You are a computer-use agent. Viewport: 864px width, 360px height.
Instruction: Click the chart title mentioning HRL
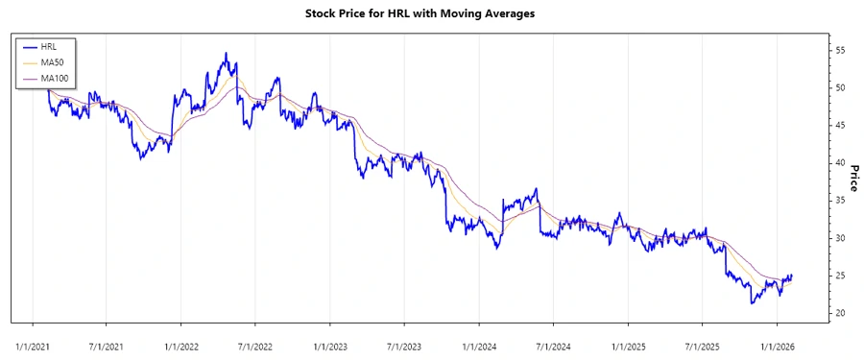[432, 13]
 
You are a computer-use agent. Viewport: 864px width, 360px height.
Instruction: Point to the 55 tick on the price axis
[842, 50]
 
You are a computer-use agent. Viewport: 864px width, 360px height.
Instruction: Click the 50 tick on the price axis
[842, 87]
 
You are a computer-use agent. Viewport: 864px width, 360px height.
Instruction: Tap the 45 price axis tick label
[842, 125]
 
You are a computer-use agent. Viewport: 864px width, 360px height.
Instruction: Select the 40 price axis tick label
[842, 163]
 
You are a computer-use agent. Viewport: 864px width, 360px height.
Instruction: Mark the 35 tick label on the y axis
[842, 201]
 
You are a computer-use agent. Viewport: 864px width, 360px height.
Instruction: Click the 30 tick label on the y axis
[842, 238]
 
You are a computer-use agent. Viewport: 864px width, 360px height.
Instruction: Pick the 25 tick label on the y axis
[842, 276]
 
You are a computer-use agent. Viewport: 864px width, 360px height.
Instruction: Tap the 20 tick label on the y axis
[842, 314]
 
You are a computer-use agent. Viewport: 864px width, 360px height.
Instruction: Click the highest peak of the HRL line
[226, 53]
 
